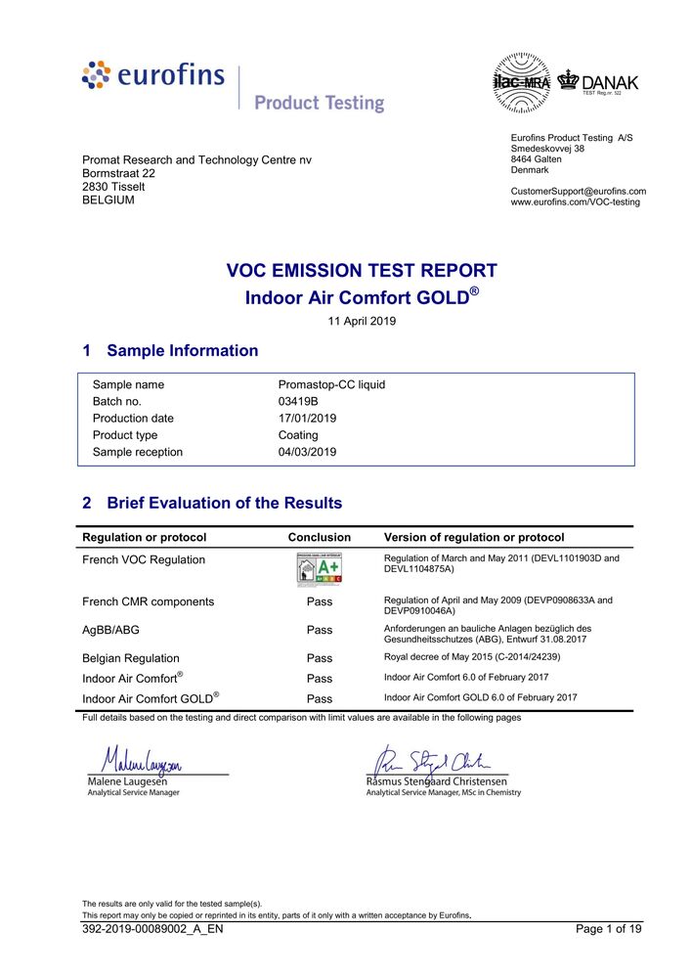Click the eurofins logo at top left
coord(153,76)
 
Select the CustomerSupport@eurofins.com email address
coord(578,191)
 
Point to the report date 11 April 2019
coord(361,321)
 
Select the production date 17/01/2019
coord(307,419)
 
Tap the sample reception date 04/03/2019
coord(307,452)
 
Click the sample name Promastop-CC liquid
coord(331,384)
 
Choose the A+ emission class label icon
coord(319,568)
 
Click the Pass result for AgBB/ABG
coord(320,631)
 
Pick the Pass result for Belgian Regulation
coord(320,658)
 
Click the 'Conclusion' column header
coord(319,537)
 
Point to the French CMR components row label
coord(148,601)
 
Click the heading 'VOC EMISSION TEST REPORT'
coord(362,271)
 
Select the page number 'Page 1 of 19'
coord(609,929)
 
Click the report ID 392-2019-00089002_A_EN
coord(152,929)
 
